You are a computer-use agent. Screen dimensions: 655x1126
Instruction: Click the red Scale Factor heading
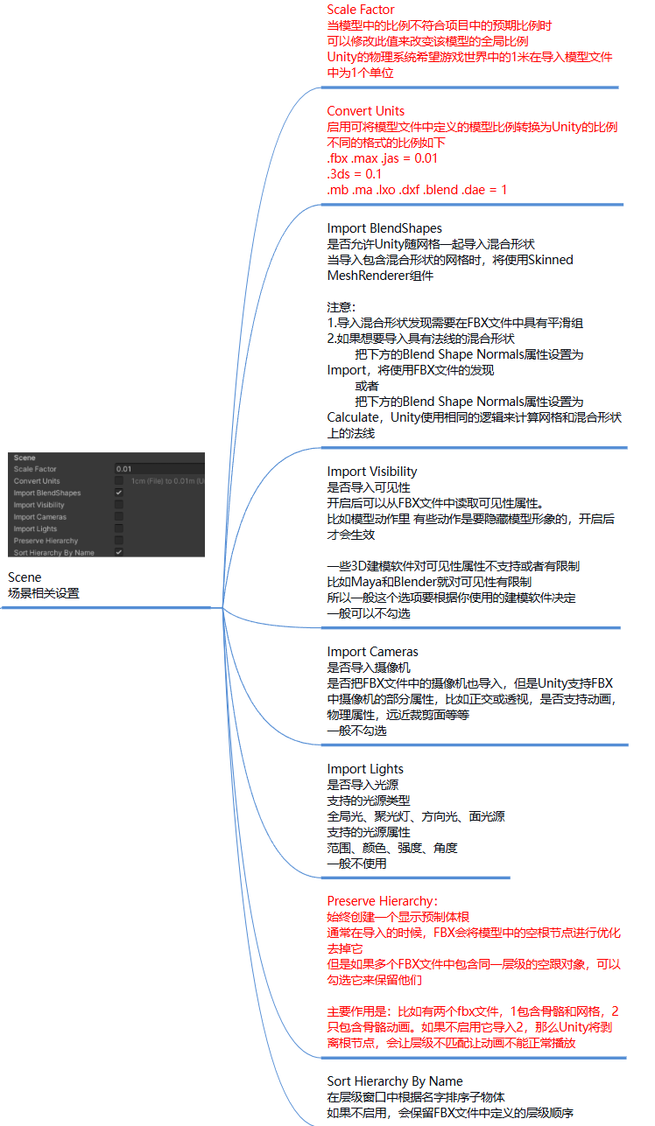pyautogui.click(x=361, y=10)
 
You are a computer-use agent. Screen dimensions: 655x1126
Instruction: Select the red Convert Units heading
pyautogui.click(x=366, y=111)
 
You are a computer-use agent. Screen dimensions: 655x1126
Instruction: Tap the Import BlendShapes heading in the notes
pyautogui.click(x=384, y=229)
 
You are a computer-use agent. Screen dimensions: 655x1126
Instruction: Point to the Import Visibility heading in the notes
pyautogui.click(x=372, y=472)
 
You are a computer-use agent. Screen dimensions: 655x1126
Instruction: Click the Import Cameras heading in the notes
pyautogui.click(x=372, y=652)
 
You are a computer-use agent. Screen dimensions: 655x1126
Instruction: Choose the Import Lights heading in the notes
pyautogui.click(x=365, y=769)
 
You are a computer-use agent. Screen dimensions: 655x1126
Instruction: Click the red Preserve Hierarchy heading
pyautogui.click(x=382, y=901)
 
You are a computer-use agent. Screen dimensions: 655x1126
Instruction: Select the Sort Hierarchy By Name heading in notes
pyautogui.click(x=395, y=1081)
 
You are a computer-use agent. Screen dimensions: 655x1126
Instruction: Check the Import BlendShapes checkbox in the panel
pyautogui.click(x=119, y=493)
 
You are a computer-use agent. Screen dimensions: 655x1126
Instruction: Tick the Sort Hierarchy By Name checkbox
pyautogui.click(x=119, y=553)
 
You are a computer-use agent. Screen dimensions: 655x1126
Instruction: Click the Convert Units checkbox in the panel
pyautogui.click(x=119, y=481)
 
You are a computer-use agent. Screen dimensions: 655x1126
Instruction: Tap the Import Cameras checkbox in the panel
pyautogui.click(x=119, y=517)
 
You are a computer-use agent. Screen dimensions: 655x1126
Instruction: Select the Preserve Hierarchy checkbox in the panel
pyautogui.click(x=119, y=541)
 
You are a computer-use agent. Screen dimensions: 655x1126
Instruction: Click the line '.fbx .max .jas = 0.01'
pyautogui.click(x=382, y=158)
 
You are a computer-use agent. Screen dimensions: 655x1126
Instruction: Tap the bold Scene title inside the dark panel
pyautogui.click(x=25, y=458)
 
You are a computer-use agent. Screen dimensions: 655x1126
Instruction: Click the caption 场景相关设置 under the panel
pyautogui.click(x=43, y=593)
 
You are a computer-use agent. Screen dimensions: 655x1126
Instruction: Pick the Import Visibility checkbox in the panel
pyautogui.click(x=119, y=505)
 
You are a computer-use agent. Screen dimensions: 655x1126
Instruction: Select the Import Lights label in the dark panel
pyautogui.click(x=35, y=529)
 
